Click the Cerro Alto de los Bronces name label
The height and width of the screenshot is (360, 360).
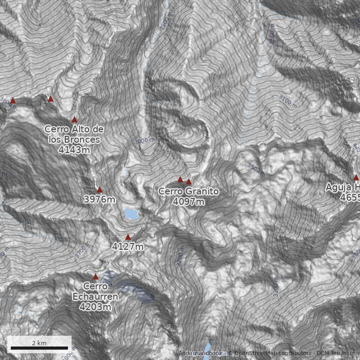click(x=74, y=134)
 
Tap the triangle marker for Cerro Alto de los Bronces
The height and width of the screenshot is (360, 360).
click(x=75, y=120)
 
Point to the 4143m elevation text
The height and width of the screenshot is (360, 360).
click(x=74, y=150)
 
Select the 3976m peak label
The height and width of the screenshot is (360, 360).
click(x=99, y=199)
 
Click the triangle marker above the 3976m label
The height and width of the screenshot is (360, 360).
click(x=100, y=190)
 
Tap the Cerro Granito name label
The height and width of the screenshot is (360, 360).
click(x=189, y=191)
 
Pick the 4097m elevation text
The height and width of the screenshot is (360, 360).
click(x=189, y=202)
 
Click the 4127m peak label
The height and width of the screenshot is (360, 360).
click(x=128, y=247)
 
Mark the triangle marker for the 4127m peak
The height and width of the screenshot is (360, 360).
click(x=128, y=237)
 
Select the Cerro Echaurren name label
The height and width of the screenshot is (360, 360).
click(x=95, y=291)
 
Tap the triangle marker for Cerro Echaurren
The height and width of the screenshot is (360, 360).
click(x=95, y=277)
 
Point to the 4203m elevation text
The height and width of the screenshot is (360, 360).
click(x=95, y=307)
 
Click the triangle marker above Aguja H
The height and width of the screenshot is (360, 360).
click(x=356, y=178)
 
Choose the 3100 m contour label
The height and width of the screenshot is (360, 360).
click(x=288, y=101)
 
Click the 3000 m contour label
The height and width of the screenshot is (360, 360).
click(x=144, y=141)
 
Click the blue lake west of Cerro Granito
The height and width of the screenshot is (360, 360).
click(x=131, y=214)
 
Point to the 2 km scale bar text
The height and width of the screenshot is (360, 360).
click(x=39, y=343)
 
